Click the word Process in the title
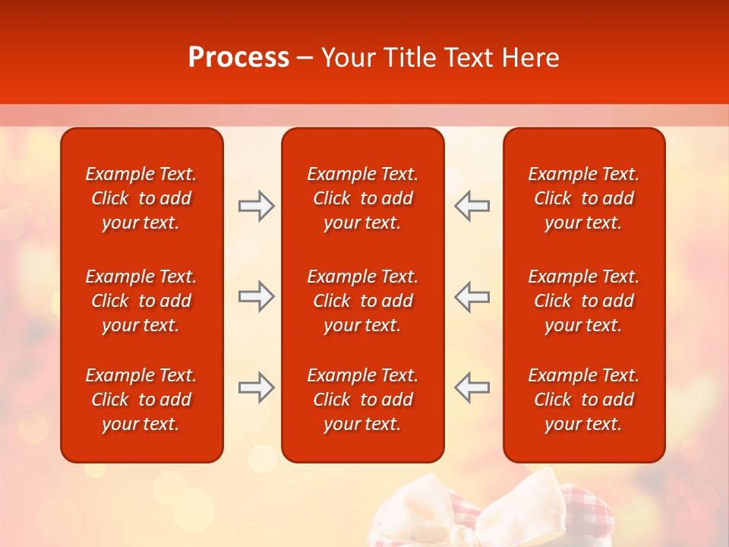click(x=238, y=58)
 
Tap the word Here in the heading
click(x=531, y=58)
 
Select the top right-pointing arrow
click(x=257, y=206)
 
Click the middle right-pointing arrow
click(x=257, y=296)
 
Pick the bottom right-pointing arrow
click(x=257, y=387)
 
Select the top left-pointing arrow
click(x=472, y=206)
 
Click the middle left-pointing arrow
click(x=472, y=296)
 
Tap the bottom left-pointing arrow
click(x=472, y=387)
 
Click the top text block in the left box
click(x=141, y=198)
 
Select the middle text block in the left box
click(x=141, y=301)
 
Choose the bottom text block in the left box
click(x=141, y=400)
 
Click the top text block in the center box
click(x=362, y=198)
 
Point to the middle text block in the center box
click(x=362, y=301)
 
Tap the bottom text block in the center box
click(x=362, y=400)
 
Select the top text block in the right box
click(x=583, y=198)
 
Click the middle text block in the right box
click(x=583, y=301)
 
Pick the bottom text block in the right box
click(x=583, y=400)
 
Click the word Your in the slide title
click(x=349, y=58)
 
